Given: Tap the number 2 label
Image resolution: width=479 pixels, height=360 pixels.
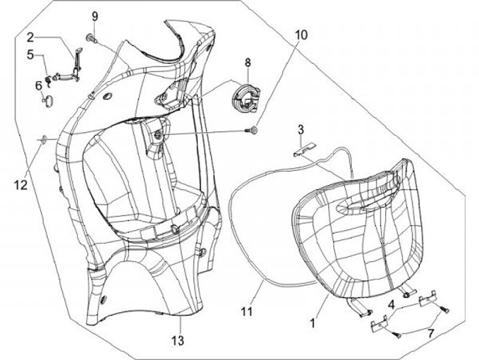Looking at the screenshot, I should [31, 37].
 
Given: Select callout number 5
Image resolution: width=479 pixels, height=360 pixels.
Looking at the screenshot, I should [31, 56].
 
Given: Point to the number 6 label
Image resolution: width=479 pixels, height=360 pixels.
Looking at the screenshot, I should [39, 85].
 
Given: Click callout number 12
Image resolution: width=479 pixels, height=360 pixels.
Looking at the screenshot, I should [21, 184].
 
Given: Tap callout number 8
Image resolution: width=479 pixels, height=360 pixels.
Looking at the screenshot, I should [247, 63].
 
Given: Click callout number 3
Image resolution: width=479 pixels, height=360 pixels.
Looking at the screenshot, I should [301, 128].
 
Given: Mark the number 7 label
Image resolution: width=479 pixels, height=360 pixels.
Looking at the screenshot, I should [431, 331].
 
